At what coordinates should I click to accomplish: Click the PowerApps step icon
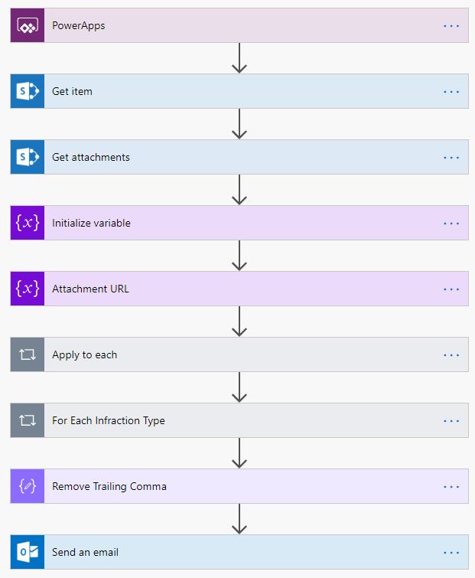pyautogui.click(x=28, y=25)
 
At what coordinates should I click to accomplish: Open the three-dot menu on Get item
pyautogui.click(x=451, y=91)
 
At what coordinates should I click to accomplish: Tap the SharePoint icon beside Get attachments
pyautogui.click(x=28, y=157)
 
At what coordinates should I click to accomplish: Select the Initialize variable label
pyautogui.click(x=91, y=223)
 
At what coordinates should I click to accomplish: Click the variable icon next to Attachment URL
pyautogui.click(x=28, y=289)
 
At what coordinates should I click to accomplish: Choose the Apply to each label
pyautogui.click(x=85, y=354)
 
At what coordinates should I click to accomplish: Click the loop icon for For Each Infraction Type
pyautogui.click(x=28, y=420)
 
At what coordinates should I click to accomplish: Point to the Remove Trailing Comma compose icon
pyautogui.click(x=28, y=486)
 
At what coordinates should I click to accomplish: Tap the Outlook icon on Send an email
pyautogui.click(x=28, y=552)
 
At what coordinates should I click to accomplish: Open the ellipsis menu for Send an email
pyautogui.click(x=451, y=553)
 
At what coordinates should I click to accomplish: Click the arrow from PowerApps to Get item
pyautogui.click(x=239, y=58)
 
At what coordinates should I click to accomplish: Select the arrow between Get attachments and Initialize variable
pyautogui.click(x=239, y=189)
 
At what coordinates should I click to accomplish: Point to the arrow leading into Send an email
pyautogui.click(x=239, y=518)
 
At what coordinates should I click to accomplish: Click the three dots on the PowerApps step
pyautogui.click(x=451, y=26)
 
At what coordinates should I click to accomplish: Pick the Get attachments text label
pyautogui.click(x=91, y=157)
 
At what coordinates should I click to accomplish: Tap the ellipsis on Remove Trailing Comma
pyautogui.click(x=451, y=487)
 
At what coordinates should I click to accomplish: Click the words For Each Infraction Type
pyautogui.click(x=109, y=420)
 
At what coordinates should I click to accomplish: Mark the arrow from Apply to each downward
pyautogui.click(x=239, y=387)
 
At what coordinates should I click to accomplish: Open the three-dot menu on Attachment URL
pyautogui.click(x=451, y=289)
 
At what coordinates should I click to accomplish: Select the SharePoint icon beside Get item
pyautogui.click(x=28, y=91)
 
